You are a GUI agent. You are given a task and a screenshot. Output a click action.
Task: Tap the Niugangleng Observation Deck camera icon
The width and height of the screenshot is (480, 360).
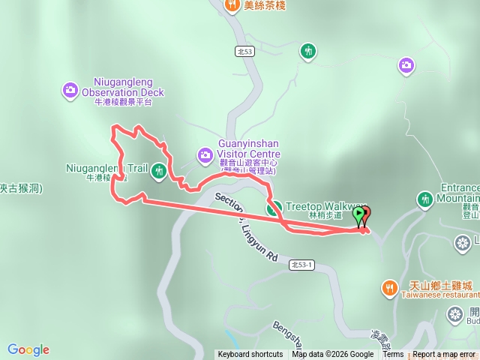click(x=70, y=90)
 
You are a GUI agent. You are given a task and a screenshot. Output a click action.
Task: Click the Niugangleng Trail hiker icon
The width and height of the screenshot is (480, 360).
click(x=158, y=171)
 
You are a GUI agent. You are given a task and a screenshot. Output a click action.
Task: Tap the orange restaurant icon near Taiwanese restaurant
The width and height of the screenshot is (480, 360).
click(x=389, y=287)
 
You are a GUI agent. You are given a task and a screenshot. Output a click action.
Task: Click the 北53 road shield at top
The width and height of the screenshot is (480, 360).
click(x=244, y=51)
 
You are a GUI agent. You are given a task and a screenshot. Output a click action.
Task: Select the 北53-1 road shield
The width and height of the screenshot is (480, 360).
click(x=303, y=264)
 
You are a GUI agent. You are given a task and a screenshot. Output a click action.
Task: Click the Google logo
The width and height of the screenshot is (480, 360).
click(x=28, y=349)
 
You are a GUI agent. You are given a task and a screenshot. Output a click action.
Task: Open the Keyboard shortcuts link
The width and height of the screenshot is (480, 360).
click(x=250, y=355)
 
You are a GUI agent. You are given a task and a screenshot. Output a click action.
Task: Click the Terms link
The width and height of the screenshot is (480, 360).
click(x=393, y=355)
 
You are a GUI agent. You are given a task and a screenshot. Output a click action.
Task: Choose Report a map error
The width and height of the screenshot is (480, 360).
click(x=444, y=355)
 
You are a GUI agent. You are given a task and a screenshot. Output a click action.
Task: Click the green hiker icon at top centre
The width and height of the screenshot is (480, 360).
click(x=307, y=51)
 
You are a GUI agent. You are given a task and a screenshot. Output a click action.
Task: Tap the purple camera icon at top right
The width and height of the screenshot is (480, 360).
click(x=406, y=66)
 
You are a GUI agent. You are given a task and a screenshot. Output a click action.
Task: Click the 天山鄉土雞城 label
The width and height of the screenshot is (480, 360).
click(x=436, y=286)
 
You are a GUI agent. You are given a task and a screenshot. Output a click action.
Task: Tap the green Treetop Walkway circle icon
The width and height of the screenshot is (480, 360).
click(x=274, y=208)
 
